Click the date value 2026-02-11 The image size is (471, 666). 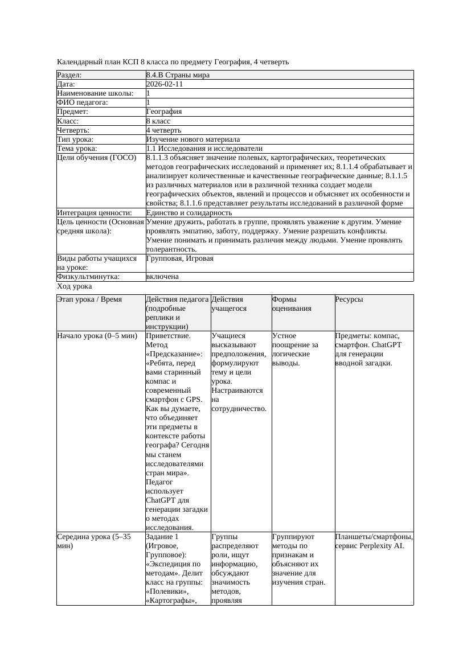point(165,84)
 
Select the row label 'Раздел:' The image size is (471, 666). point(69,75)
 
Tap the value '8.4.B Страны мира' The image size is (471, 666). point(176,75)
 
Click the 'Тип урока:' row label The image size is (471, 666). point(76,139)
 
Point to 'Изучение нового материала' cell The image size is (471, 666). point(193,139)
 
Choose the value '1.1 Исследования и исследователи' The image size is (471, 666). point(204,148)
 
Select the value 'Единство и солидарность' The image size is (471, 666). point(189,212)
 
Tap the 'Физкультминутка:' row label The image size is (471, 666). point(88,277)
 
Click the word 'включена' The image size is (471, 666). point(162,277)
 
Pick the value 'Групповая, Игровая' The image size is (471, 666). point(180,258)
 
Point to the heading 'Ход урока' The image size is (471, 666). point(75,286)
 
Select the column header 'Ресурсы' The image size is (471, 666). point(349,299)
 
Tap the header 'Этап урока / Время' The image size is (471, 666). point(89,299)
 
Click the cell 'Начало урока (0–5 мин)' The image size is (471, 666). point(97,336)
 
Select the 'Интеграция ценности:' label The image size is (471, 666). point(95,212)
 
